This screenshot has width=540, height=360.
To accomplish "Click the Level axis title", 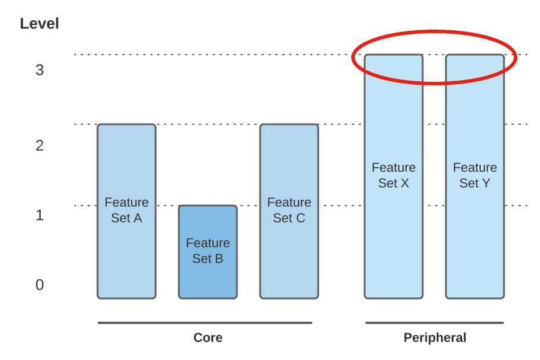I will tap(39, 24).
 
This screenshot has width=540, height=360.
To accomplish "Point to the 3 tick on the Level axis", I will tap(39, 70).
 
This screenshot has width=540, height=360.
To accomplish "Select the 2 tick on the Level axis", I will tap(39, 146).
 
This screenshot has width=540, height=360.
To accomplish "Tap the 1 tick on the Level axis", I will tap(39, 215).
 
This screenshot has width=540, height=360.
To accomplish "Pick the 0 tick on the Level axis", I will tap(39, 285).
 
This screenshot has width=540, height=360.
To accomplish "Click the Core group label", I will tap(208, 338).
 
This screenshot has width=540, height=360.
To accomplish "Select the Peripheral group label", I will tap(435, 338).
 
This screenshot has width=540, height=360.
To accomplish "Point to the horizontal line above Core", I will tap(205, 323).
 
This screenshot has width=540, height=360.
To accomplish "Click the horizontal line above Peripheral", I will tap(434, 323).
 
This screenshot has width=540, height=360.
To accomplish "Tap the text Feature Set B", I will tap(208, 251).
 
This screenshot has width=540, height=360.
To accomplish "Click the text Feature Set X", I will tap(394, 175).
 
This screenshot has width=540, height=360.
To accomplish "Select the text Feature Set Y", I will tap(475, 175).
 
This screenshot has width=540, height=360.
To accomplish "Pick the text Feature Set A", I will tap(127, 210).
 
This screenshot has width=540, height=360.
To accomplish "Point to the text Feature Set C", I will tap(289, 210).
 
